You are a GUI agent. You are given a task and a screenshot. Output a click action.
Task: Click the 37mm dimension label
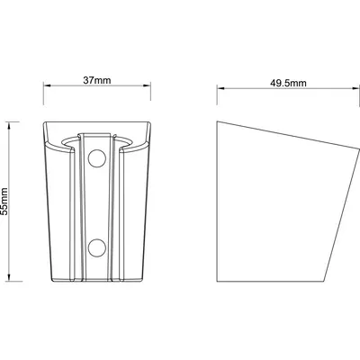(97, 80)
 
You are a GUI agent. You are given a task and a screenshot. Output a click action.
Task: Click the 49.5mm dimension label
(288, 83)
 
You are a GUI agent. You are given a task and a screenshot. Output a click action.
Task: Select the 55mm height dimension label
(4, 202)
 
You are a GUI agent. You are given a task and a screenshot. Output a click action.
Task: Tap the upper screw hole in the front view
(97, 158)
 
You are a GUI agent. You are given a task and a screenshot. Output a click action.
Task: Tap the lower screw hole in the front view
(97, 247)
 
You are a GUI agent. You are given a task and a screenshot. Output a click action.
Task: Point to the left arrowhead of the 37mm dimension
(47, 85)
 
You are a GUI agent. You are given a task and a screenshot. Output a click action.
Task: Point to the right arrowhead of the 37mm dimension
(147, 85)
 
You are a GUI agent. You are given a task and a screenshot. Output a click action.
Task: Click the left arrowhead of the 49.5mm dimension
(220, 88)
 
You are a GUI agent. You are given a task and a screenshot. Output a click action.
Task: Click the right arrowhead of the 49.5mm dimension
(355, 88)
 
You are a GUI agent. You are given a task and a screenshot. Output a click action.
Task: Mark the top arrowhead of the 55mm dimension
(9, 125)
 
